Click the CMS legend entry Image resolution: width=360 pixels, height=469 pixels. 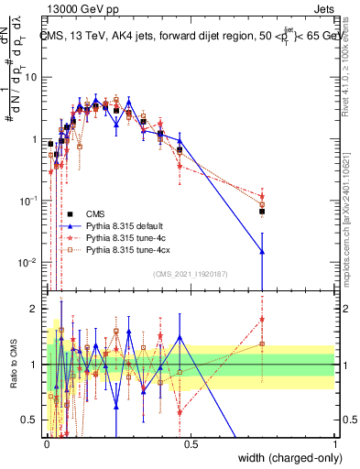[95, 214]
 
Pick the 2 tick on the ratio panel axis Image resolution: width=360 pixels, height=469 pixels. [38, 309]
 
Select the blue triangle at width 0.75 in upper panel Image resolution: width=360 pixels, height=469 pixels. [262, 251]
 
